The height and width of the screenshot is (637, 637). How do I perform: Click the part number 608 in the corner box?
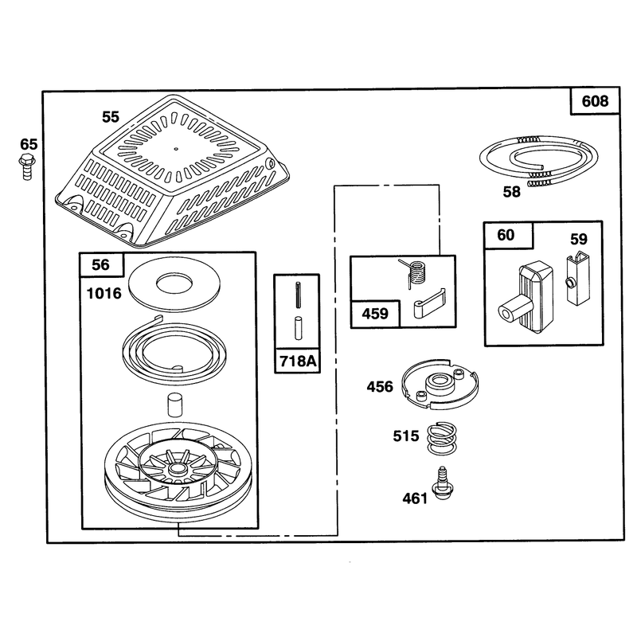tap(595, 101)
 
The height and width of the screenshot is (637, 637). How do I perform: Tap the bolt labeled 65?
tap(26, 166)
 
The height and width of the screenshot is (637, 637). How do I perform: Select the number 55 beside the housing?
tap(111, 117)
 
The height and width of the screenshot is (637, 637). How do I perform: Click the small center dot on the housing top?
tap(176, 149)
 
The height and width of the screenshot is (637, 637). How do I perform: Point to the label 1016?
tap(104, 293)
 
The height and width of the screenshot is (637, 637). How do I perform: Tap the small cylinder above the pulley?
tap(174, 404)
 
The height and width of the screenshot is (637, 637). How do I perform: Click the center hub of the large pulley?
tap(176, 469)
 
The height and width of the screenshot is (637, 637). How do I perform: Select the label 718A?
tap(298, 361)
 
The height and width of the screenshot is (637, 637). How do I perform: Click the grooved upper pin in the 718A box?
tap(298, 295)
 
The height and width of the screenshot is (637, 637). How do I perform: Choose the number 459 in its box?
tap(375, 314)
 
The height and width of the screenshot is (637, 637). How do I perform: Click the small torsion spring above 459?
tap(414, 273)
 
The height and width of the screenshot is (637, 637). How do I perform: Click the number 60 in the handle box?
tap(506, 235)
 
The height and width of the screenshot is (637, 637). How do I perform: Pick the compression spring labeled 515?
tap(442, 439)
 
